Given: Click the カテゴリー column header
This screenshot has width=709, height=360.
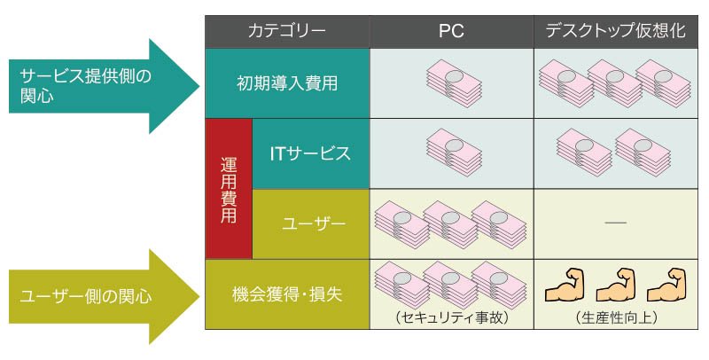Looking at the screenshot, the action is pyautogui.click(x=287, y=31).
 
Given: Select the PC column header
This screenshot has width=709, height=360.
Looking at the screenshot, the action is pyautogui.click(x=451, y=31).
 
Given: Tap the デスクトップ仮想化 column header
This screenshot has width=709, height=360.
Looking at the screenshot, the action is pyautogui.click(x=616, y=31).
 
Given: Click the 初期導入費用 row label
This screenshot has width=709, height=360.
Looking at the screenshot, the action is pyautogui.click(x=287, y=83).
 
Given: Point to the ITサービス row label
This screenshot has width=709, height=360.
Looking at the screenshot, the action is pyautogui.click(x=311, y=153).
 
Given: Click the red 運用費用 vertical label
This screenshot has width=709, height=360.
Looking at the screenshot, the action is pyautogui.click(x=229, y=189).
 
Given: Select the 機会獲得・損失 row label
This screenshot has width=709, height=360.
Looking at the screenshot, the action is pyautogui.click(x=287, y=294).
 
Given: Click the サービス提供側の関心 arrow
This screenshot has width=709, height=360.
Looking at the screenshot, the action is pyautogui.click(x=104, y=86).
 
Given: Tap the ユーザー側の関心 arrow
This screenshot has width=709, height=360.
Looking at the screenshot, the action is pyautogui.click(x=104, y=296).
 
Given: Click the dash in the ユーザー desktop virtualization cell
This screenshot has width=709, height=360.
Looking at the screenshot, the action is pyautogui.click(x=616, y=223).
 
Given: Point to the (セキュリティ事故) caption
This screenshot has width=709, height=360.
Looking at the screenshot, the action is pyautogui.click(x=452, y=317).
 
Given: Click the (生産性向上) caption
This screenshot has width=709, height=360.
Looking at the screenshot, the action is pyautogui.click(x=616, y=317).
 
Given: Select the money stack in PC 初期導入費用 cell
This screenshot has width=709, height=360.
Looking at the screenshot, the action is pyautogui.click(x=454, y=83).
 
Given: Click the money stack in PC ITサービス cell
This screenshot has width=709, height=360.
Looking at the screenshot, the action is pyautogui.click(x=454, y=153).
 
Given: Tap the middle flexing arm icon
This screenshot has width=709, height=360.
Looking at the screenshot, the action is pyautogui.click(x=616, y=286).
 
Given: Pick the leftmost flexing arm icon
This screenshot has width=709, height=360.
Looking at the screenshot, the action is pyautogui.click(x=565, y=286).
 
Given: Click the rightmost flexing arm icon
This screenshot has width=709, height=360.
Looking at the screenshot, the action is pyautogui.click(x=666, y=286).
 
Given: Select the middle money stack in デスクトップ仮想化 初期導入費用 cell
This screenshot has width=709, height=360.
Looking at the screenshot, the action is pyautogui.click(x=615, y=83).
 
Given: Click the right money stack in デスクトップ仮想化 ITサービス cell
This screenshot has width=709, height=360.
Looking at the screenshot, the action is pyautogui.click(x=643, y=153).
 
